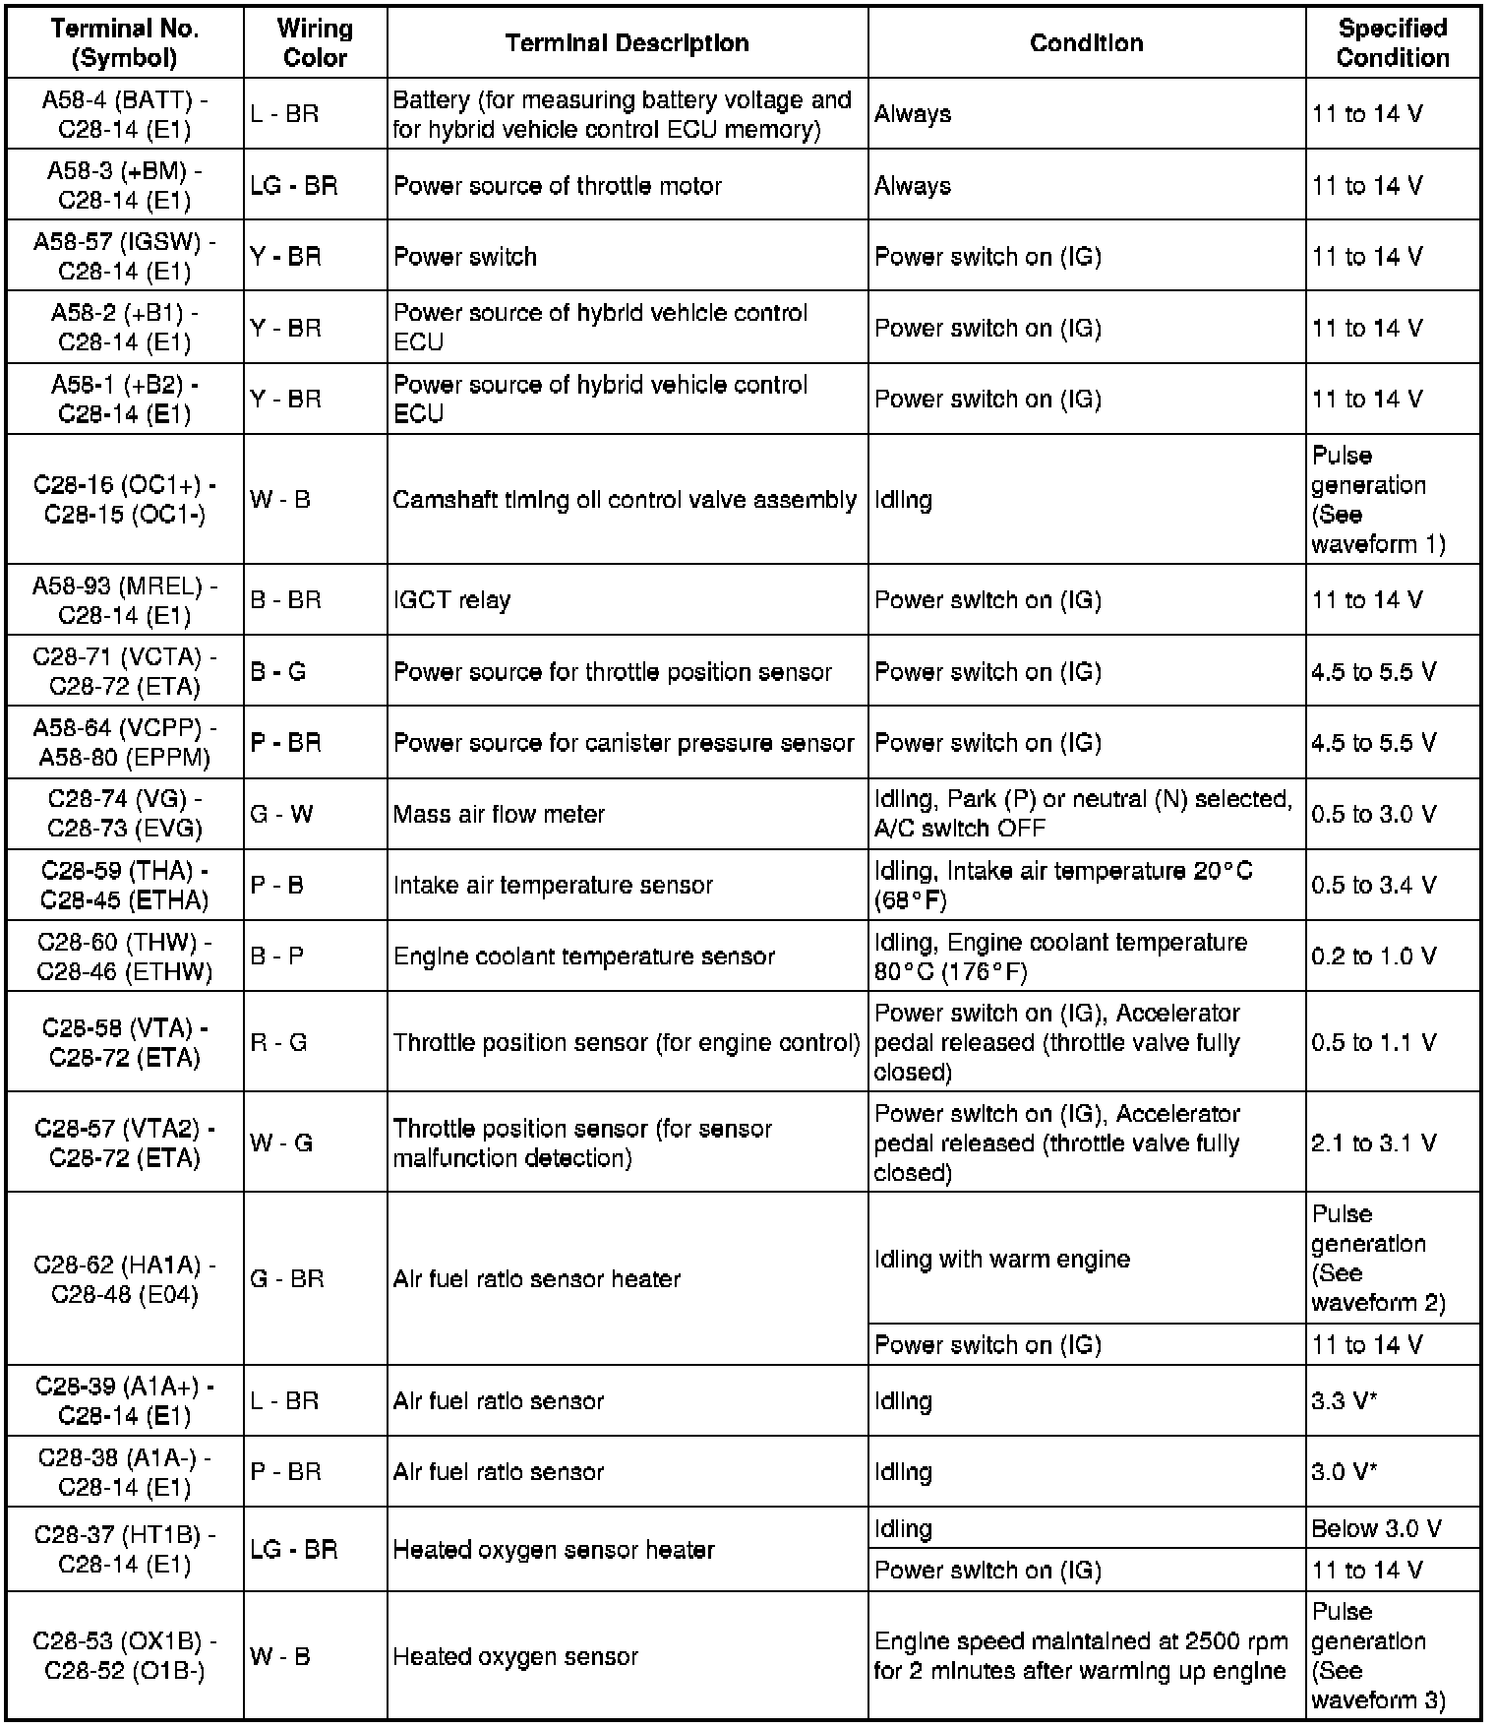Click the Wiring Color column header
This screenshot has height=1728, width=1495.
coord(315,43)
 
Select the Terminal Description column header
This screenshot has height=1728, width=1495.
coord(627,43)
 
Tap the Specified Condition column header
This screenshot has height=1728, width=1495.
coord(1392,43)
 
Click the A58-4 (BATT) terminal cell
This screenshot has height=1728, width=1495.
coord(125,114)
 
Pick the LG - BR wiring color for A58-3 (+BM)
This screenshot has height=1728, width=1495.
coord(293,186)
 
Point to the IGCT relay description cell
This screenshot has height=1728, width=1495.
coord(451,600)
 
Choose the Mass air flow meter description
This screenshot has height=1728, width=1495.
coord(499,814)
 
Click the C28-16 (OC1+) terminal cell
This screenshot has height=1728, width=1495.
coord(125,500)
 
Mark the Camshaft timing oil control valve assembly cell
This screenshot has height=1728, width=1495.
coord(625,500)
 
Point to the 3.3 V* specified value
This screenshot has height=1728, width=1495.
coord(1344,1400)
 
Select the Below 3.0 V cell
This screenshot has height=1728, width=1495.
coord(1376,1528)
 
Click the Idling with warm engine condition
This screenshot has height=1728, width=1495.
coord(1001,1259)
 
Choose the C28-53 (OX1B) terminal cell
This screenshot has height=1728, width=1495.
coord(125,1656)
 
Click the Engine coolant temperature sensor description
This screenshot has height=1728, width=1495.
coord(583,957)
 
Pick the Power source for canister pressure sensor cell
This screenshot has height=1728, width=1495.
coord(623,743)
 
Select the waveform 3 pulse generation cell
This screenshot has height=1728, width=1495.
coord(1378,1656)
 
